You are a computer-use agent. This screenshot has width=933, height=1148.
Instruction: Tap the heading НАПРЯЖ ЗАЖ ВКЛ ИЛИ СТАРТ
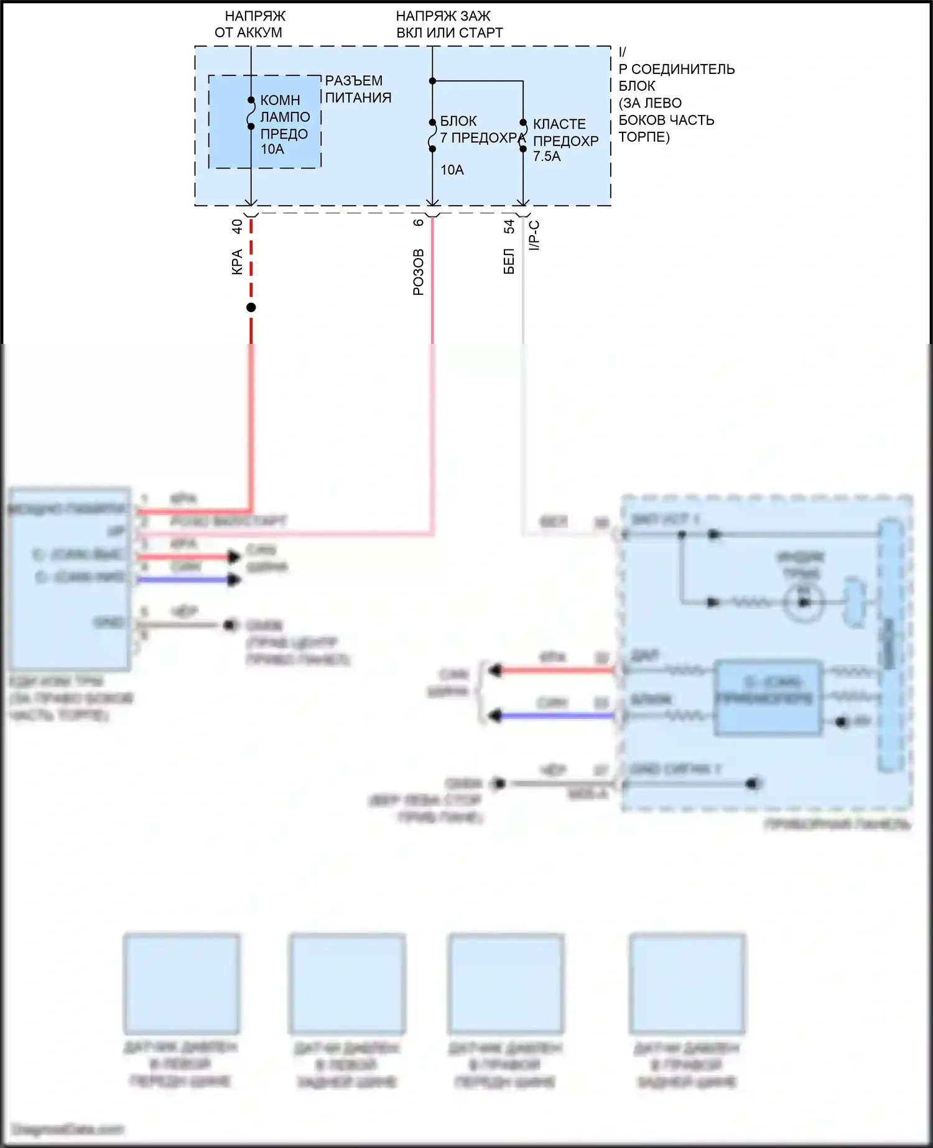(449, 24)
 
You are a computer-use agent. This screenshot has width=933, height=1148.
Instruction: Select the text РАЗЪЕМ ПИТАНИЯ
(358, 89)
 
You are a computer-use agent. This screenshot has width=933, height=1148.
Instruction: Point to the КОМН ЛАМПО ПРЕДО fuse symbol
(251, 113)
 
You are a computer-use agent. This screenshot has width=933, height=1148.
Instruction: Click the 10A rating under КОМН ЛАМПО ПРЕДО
(272, 149)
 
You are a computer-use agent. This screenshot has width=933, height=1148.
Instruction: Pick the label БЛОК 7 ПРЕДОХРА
(479, 129)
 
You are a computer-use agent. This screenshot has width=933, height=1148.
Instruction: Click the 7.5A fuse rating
(547, 156)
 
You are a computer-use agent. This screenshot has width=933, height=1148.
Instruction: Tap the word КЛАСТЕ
(559, 124)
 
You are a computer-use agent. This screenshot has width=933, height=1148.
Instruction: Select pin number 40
(237, 226)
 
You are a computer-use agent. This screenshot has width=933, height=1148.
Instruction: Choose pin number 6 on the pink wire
(419, 222)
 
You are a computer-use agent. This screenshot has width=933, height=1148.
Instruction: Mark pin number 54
(509, 226)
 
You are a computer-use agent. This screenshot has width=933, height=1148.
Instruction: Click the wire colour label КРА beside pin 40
(237, 262)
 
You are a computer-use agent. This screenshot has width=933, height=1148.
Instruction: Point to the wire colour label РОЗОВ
(419, 272)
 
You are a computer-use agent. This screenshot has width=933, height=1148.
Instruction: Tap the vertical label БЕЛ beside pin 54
(509, 261)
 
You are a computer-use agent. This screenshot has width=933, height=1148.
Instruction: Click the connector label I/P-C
(534, 235)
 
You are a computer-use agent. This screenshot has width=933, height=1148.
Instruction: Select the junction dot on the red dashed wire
(251, 307)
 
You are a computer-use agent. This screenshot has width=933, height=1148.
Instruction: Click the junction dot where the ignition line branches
(432, 81)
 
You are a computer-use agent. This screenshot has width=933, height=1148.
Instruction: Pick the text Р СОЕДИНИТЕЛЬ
(677, 69)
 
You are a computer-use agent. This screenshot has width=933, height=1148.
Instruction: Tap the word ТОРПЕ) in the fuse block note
(644, 137)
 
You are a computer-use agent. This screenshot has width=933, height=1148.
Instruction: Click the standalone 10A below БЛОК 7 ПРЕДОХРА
(452, 170)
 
